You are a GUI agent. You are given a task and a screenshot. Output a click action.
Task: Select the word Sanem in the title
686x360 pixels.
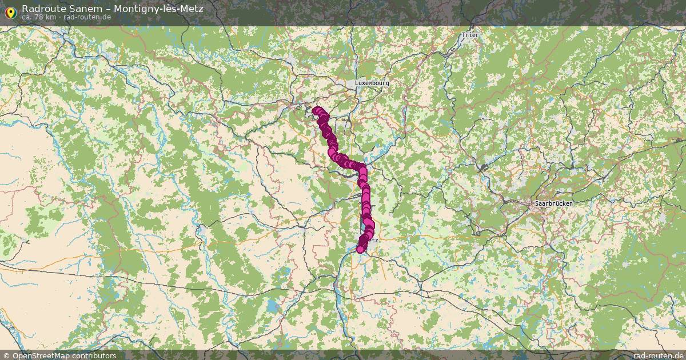pos(85,9)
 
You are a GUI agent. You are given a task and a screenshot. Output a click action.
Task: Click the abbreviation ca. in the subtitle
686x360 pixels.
pos(27,17)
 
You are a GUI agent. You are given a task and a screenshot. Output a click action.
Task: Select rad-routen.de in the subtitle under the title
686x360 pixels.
pos(87,17)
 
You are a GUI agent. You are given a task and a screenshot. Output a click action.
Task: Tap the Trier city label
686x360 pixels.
pos(470,35)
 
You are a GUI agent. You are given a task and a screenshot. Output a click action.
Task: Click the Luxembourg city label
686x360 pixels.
pos(372,83)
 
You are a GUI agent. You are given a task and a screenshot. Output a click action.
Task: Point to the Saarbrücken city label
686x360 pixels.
pos(552,203)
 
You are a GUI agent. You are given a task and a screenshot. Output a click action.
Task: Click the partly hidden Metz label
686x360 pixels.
pos(373,241)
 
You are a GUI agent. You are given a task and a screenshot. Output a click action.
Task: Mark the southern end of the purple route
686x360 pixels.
pos(360,249)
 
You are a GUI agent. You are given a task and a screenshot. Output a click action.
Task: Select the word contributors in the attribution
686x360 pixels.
pos(96,355)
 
